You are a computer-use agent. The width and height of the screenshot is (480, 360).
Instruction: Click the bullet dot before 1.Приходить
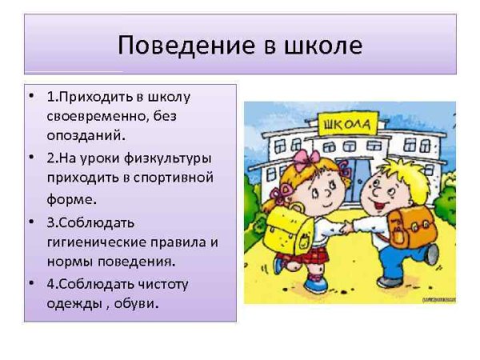[30, 97]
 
